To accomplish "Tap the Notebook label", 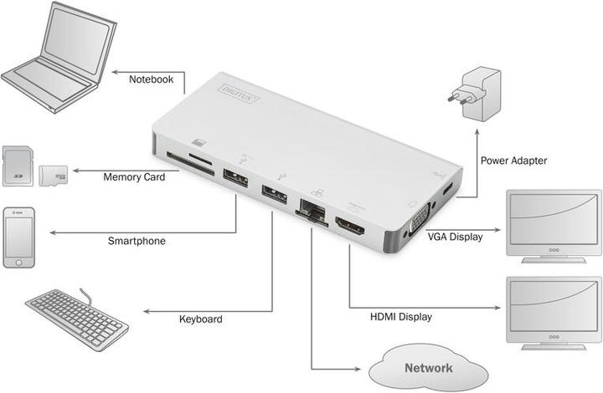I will [x=152, y=79].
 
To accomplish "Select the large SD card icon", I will [x=18, y=167].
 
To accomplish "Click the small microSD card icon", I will [x=53, y=176].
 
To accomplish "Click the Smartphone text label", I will [x=137, y=241].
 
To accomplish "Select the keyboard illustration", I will [x=76, y=317].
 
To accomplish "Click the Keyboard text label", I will [x=201, y=319].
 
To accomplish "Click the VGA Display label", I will [x=455, y=237].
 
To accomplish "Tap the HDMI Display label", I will [x=402, y=317].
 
